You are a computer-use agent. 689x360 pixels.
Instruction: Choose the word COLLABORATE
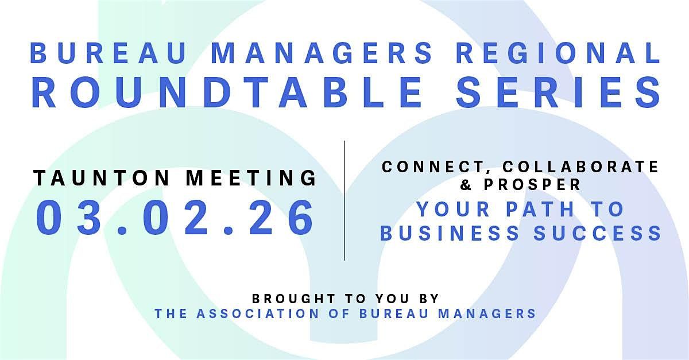pos(582,167)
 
